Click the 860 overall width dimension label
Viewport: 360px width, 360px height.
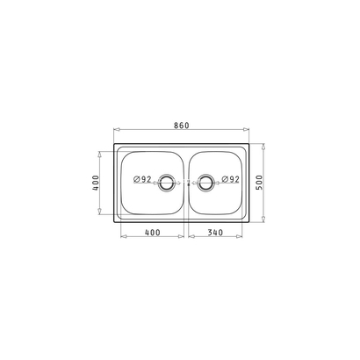click(x=182, y=126)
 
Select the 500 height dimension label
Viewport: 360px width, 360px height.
click(x=259, y=183)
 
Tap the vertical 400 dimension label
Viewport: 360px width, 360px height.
click(x=96, y=183)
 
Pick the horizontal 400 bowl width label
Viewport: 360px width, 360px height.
click(x=153, y=233)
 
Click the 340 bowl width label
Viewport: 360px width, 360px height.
click(x=215, y=233)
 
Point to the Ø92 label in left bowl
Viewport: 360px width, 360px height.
click(x=142, y=179)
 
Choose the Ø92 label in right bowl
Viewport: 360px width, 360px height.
click(x=231, y=179)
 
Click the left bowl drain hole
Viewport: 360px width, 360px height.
click(x=166, y=184)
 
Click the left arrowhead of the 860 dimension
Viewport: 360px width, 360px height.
click(x=117, y=129)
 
